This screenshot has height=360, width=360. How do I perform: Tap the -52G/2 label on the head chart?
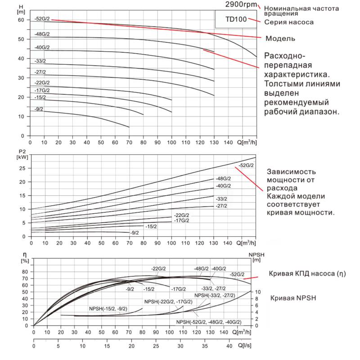(x=41, y=19)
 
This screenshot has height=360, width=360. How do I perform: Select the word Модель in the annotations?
(x=281, y=38)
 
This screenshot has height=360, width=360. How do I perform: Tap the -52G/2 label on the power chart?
(x=246, y=165)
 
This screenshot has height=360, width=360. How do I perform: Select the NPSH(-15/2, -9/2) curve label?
(x=108, y=308)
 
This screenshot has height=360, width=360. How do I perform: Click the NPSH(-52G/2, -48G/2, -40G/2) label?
(x=209, y=322)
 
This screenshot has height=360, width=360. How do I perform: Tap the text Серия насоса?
(x=288, y=22)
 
